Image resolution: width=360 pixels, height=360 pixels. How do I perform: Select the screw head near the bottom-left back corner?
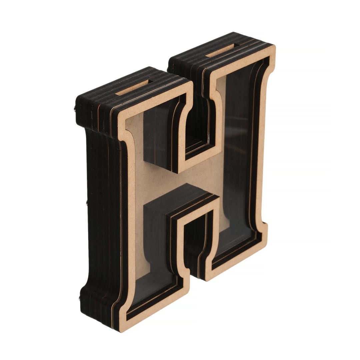(80, 298)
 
